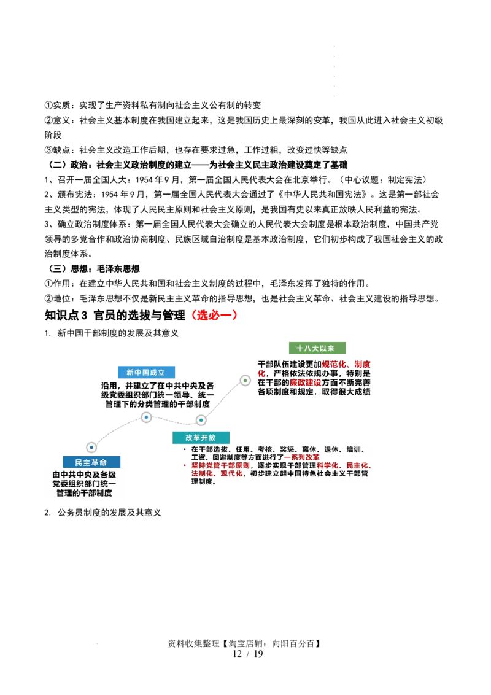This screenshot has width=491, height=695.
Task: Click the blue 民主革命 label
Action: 91,462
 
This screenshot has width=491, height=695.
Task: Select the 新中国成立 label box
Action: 145,372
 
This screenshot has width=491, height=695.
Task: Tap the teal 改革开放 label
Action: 201,437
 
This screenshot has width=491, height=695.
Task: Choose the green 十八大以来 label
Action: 315,348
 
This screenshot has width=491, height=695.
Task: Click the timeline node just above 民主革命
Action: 91,448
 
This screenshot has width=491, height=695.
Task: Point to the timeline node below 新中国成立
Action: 146,417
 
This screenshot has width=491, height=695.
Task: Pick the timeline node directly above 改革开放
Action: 201,420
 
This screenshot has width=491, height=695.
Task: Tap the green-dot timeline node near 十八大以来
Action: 245,381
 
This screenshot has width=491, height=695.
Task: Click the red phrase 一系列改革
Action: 301,457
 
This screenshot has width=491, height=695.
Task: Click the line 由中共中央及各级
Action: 84,475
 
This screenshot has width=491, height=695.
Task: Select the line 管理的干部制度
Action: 84,492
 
